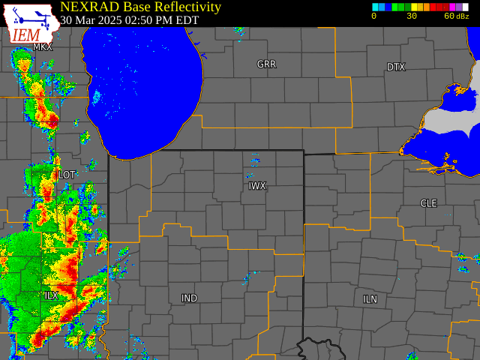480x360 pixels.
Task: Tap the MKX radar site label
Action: [43, 47]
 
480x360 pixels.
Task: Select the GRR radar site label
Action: [266, 64]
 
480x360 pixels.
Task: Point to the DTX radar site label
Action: [396, 67]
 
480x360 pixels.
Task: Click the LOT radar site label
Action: [67, 175]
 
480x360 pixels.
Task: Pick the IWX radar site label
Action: [257, 186]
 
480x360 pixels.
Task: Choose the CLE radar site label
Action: [428, 203]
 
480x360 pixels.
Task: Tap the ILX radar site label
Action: [51, 296]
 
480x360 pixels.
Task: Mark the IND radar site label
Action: [189, 298]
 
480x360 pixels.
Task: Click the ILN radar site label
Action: [370, 299]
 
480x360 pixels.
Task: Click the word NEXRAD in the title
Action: [89, 7]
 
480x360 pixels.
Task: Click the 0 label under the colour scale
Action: [373, 16]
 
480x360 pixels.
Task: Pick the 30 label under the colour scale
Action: [412, 16]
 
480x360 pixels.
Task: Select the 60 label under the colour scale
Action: [449, 16]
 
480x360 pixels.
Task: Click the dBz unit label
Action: [463, 16]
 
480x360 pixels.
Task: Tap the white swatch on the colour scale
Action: [465, 7]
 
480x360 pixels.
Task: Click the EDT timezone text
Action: [187, 20]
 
